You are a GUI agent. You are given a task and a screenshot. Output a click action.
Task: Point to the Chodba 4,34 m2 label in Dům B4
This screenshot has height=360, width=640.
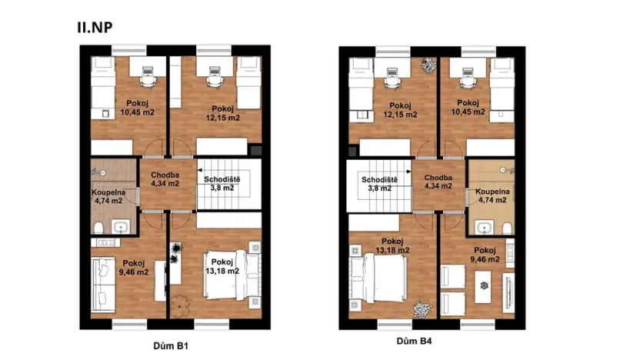(x=438, y=182)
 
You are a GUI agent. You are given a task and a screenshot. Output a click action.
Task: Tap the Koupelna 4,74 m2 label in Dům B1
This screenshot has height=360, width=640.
(x=107, y=196)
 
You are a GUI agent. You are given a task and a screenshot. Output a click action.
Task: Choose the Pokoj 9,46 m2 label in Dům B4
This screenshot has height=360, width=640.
(x=485, y=255)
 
